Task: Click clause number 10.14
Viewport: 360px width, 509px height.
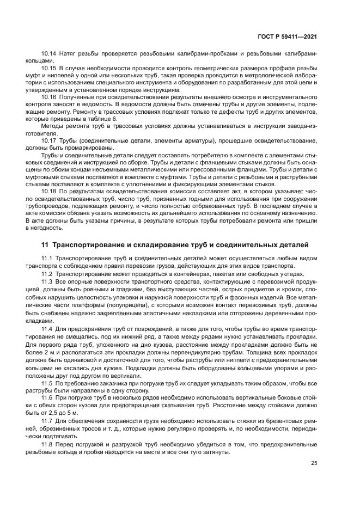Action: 49,54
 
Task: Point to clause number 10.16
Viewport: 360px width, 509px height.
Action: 49,96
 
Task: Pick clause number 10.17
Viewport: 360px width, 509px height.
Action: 49,140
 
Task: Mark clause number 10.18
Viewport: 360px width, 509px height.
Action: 49,191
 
